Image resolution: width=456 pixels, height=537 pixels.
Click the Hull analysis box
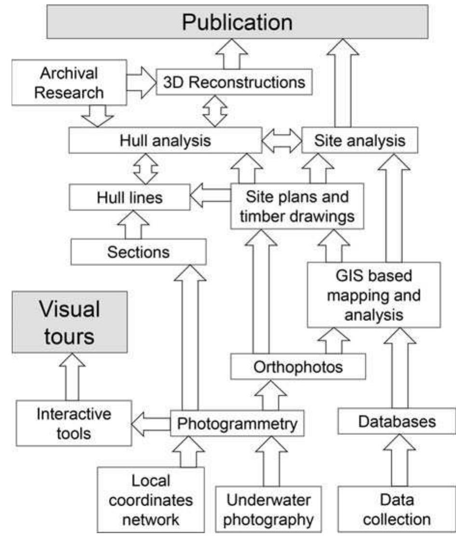[165, 141]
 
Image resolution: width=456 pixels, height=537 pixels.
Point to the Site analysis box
[359, 141]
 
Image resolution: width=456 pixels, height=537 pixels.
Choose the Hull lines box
[130, 197]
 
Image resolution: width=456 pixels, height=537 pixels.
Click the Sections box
[138, 253]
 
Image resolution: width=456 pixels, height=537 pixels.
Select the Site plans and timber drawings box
[297, 207]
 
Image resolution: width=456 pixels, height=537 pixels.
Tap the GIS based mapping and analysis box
[374, 295]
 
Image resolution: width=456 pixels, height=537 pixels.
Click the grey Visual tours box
[70, 322]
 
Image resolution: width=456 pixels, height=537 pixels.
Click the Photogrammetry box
[238, 423]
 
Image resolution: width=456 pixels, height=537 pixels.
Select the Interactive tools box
[73, 424]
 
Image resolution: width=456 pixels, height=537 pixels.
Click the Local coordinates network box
[151, 500]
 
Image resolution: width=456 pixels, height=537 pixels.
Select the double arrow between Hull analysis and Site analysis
[281, 141]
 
